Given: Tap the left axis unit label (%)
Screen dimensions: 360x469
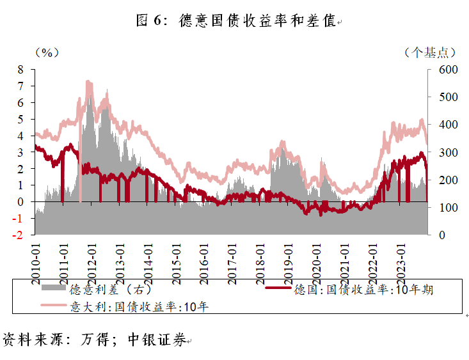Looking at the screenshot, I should pos(47,52).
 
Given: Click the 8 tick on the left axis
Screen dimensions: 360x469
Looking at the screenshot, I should pos(20,69).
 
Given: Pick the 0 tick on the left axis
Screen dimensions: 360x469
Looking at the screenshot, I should pos(20,202).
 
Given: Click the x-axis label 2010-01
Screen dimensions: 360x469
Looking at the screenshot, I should pos(36,260).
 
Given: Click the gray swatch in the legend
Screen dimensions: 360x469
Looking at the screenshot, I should pos(55,289).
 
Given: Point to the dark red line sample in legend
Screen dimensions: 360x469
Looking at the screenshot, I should pos(280,290).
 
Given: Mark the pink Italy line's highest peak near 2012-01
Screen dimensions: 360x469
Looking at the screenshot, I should pos(88,82).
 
